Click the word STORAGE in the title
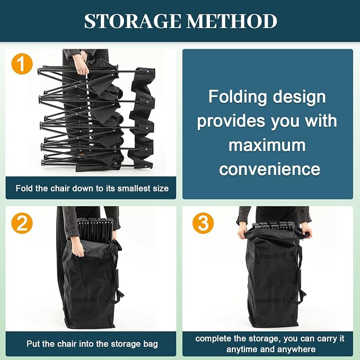[133, 21]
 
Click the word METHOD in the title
[231, 21]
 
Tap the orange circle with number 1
[22, 64]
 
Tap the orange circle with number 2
[22, 223]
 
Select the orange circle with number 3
[203, 223]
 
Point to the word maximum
[267, 145]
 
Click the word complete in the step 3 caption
[213, 339]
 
